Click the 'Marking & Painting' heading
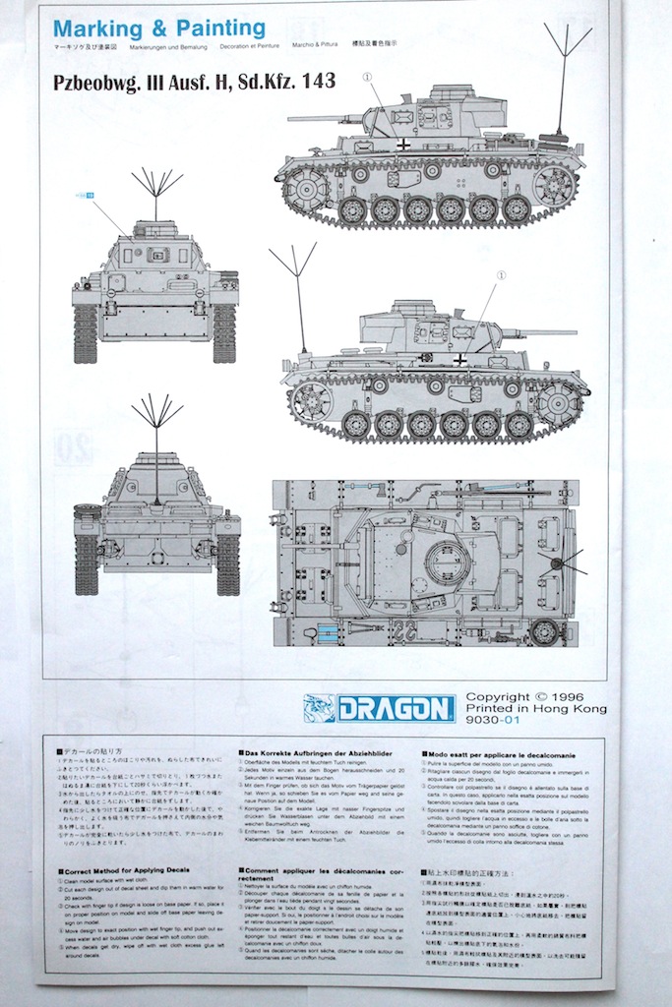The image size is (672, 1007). pos(158,28)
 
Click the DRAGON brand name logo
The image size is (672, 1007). pos(395,708)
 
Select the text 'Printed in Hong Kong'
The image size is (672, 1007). pos(535,709)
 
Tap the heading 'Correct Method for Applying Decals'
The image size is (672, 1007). pos(127,872)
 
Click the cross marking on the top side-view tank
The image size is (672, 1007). pos(402,145)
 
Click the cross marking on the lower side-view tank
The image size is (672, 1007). pos(458,360)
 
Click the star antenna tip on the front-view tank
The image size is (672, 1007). pos(156,182)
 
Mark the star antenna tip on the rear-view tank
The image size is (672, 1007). pos(156,409)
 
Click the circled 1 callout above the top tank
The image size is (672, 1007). pos(368,76)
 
